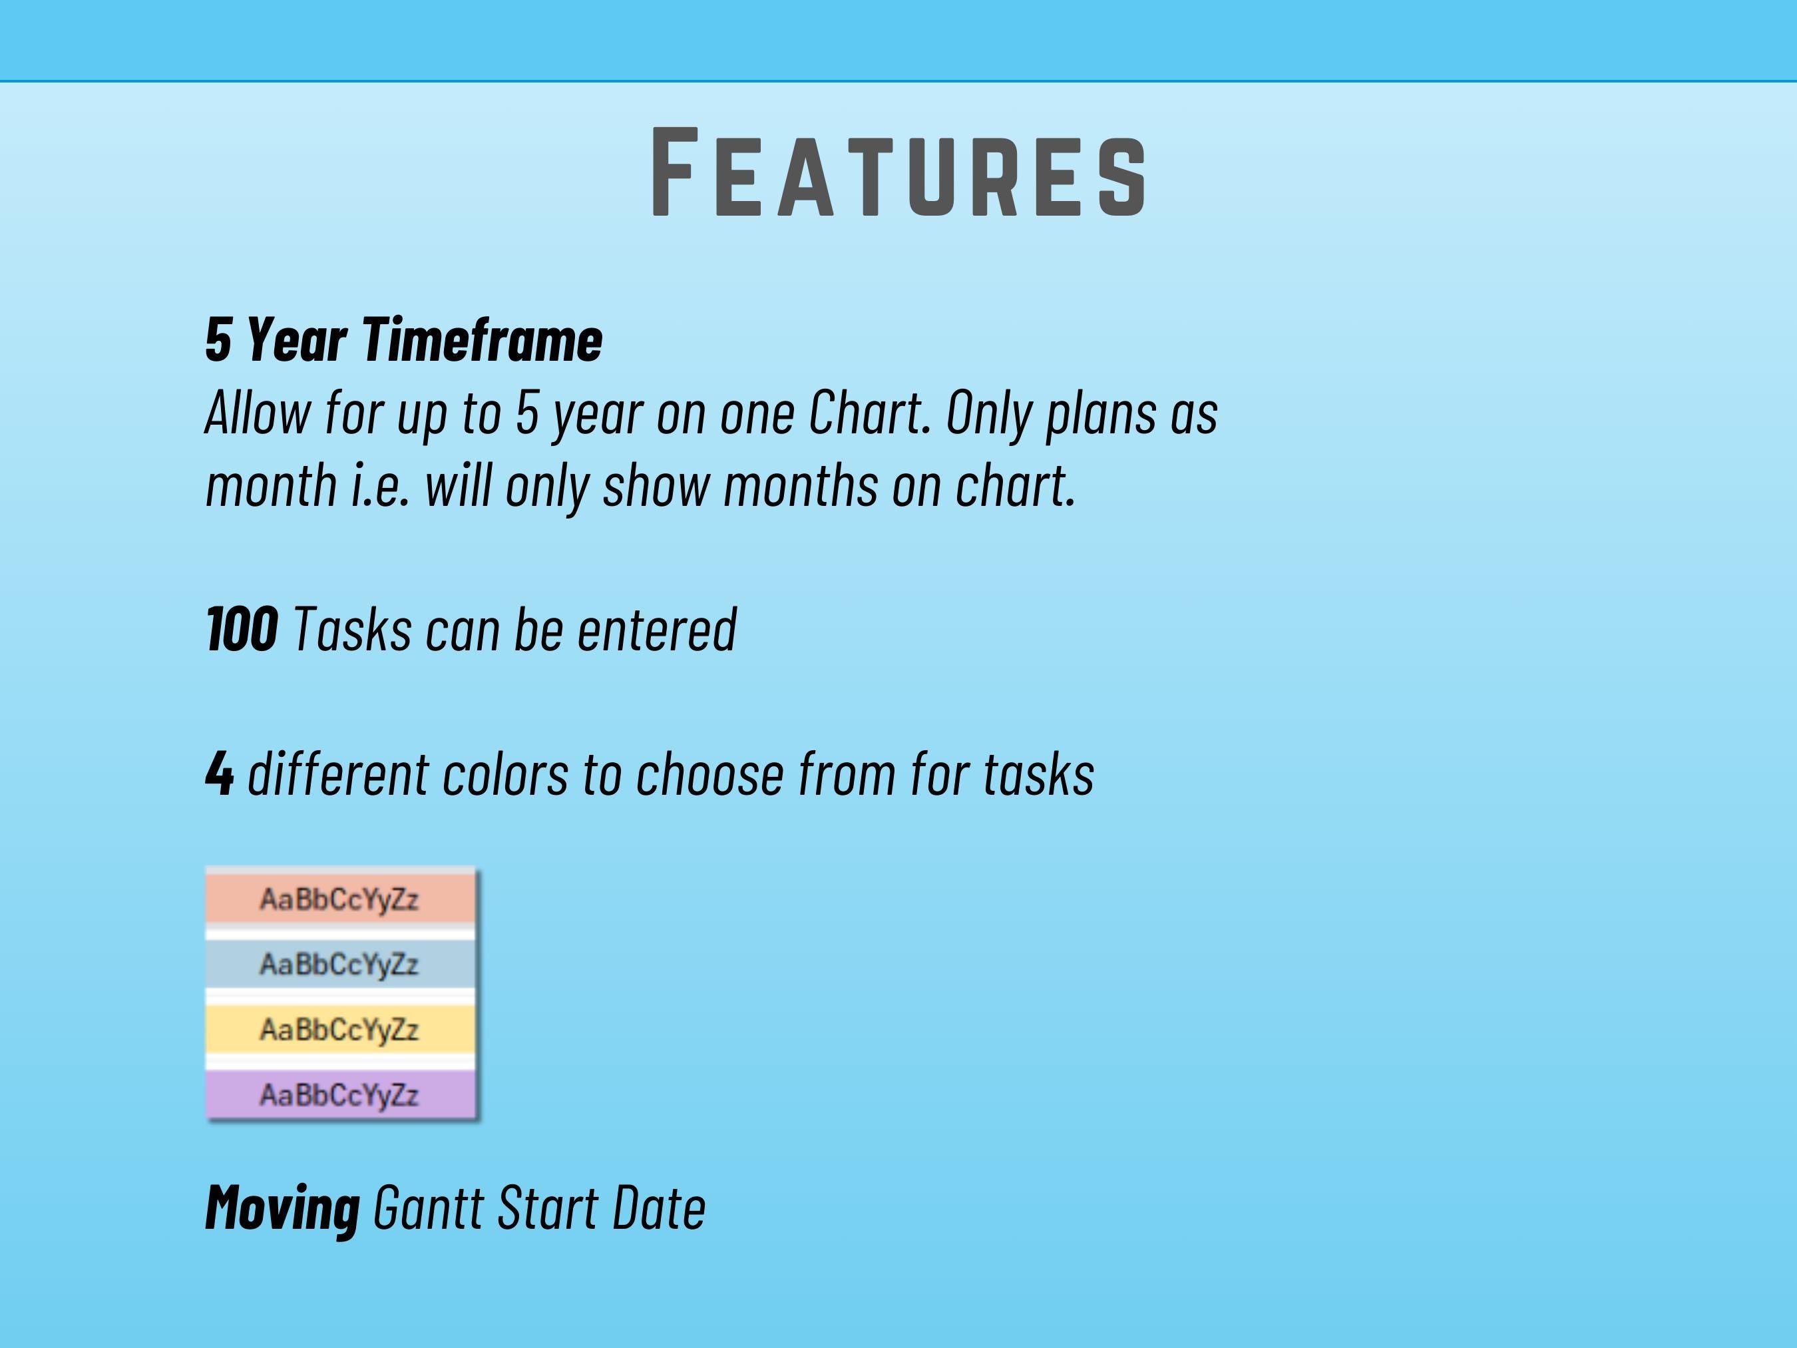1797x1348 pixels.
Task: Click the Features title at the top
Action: (x=898, y=172)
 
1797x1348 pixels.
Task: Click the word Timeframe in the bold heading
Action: (x=482, y=339)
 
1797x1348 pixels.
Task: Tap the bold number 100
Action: (x=242, y=629)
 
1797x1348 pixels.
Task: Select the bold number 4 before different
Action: (x=220, y=773)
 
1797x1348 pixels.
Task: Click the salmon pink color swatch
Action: (x=340, y=898)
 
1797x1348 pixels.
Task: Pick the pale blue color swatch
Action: (x=340, y=964)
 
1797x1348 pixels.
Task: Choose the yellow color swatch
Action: (x=340, y=1028)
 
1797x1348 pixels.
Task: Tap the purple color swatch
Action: (x=340, y=1094)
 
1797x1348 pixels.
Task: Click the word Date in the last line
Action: (x=659, y=1208)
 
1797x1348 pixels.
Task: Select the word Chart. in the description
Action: (x=869, y=413)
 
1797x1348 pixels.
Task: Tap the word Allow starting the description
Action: (x=258, y=413)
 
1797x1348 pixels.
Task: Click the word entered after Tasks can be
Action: (x=656, y=629)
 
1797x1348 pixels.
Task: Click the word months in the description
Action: (x=800, y=485)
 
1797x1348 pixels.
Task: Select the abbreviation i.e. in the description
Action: (x=380, y=485)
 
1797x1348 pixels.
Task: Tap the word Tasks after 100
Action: (x=352, y=629)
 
